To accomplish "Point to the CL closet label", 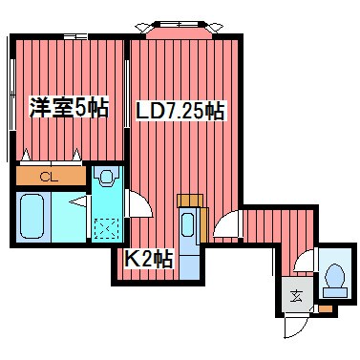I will [x=49, y=176].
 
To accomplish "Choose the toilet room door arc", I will [x=305, y=261].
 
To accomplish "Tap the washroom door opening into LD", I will [x=137, y=203].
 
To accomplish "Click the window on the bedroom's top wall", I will [x=71, y=36].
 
